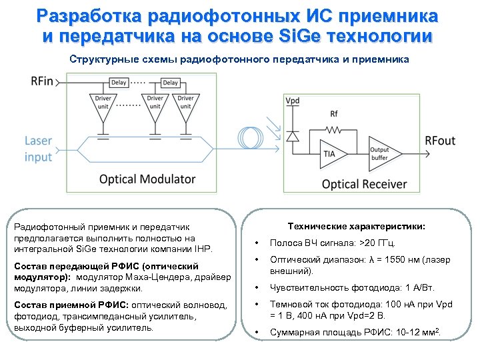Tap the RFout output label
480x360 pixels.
click(441, 141)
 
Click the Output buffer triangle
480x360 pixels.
click(381, 153)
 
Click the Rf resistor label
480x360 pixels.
click(334, 113)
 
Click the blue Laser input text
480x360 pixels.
click(39, 149)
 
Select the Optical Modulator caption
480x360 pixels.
click(147, 179)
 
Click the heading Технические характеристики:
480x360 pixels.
click(356, 227)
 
